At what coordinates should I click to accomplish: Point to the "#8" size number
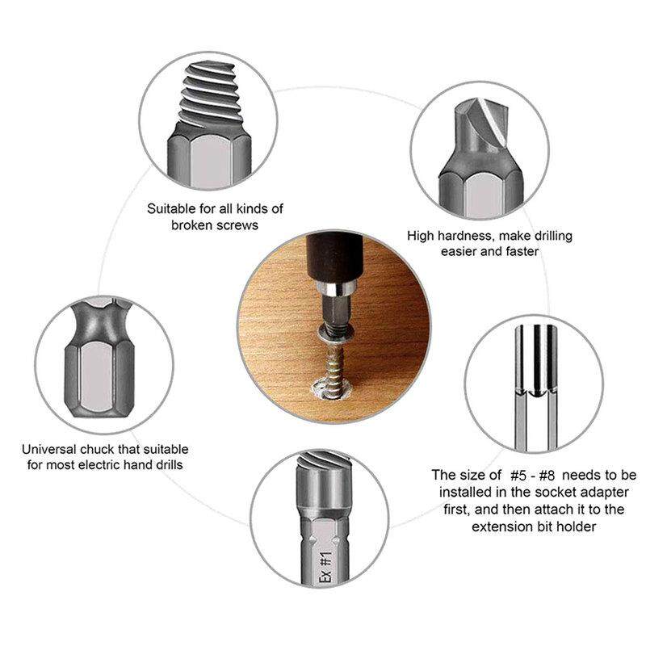point(547,476)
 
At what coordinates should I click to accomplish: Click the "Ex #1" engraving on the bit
point(326,568)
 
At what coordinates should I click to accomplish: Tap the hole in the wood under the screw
point(329,391)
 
